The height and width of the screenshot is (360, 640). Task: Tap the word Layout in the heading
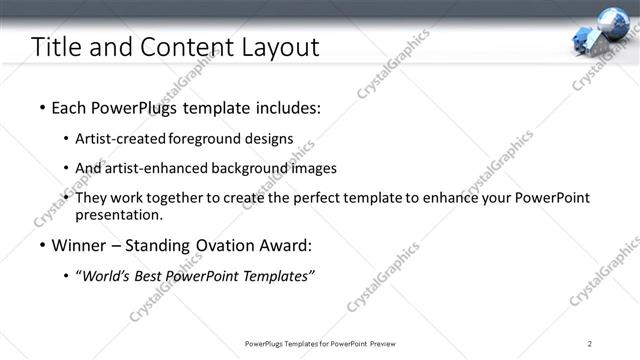point(275,47)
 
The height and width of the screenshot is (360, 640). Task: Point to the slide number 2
point(590,343)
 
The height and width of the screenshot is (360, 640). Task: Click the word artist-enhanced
point(154,168)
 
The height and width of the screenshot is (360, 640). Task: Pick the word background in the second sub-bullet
point(253,168)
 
